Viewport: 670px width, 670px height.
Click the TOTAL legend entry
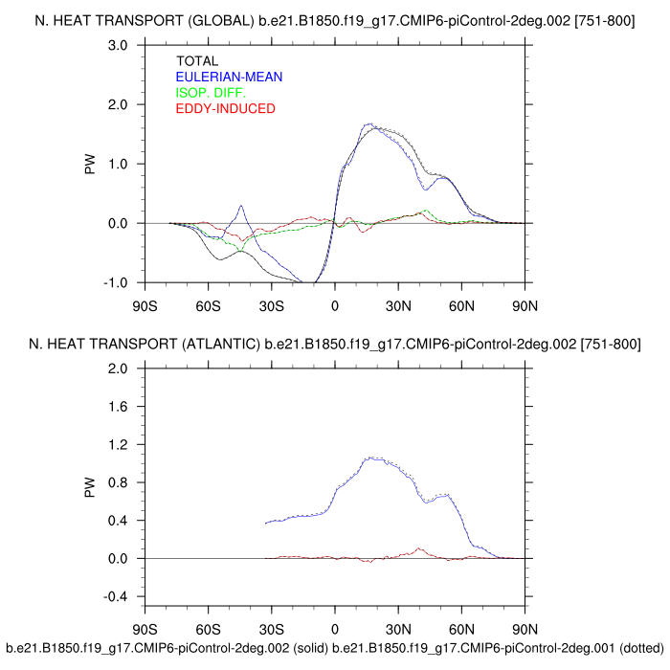pyautogui.click(x=198, y=61)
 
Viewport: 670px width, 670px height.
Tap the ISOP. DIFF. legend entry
pyautogui.click(x=212, y=93)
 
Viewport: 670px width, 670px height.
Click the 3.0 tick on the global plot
pyautogui.click(x=119, y=45)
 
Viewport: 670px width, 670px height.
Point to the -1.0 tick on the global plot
pyautogui.click(x=117, y=282)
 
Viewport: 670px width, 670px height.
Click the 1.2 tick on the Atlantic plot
pyautogui.click(x=119, y=444)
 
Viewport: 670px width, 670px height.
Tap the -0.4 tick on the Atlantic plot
pyautogui.click(x=117, y=596)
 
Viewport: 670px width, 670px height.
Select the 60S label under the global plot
pyautogui.click(x=208, y=306)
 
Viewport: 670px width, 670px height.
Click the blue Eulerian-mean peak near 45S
pyautogui.click(x=241, y=206)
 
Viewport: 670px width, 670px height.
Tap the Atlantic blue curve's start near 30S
pyautogui.click(x=266, y=523)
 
